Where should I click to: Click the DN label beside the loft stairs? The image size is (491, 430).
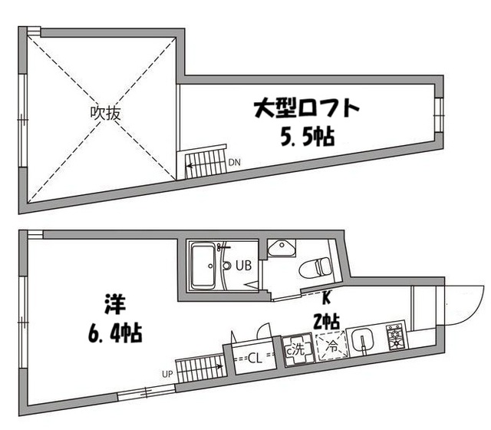(234, 162)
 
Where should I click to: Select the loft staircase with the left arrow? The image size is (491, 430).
(206, 163)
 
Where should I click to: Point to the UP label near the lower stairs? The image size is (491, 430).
(166, 375)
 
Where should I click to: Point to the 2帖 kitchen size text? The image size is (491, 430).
(327, 319)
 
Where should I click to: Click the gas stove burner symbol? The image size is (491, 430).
(396, 336)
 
